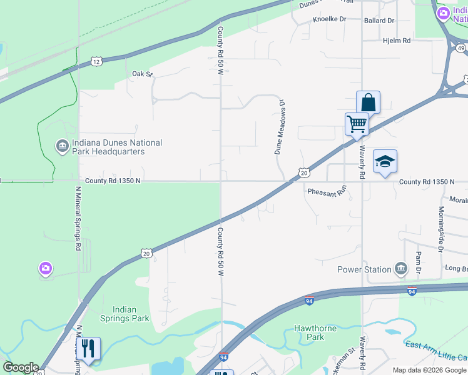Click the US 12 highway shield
(96, 61)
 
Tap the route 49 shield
(461, 47)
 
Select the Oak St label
(142, 74)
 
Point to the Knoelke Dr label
(329, 19)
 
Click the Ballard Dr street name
(379, 21)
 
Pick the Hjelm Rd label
(396, 41)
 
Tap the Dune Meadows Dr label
(280, 127)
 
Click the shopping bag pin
(369, 102)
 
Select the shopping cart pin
(357, 124)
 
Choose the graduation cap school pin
(385, 161)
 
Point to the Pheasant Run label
(327, 191)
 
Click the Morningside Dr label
(441, 229)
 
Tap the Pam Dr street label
(419, 262)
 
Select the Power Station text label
(364, 269)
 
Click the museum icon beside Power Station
(400, 269)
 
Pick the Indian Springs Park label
(131, 314)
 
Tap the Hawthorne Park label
(315, 332)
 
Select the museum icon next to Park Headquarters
(62, 146)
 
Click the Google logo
(21, 367)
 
